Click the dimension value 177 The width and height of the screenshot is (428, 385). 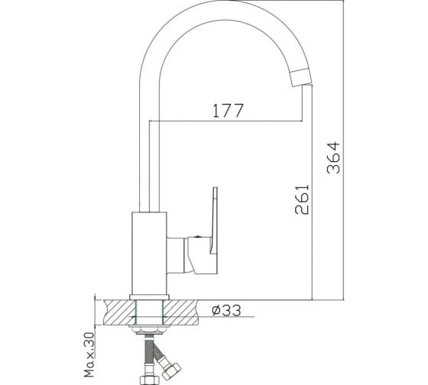228,111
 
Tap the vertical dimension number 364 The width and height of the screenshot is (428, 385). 333,157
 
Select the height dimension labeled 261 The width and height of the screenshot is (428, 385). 302,199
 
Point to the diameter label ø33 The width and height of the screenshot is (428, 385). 226,310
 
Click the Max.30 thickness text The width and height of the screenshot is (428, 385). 89,354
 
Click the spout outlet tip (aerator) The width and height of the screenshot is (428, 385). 301,77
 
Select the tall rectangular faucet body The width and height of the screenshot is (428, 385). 149,253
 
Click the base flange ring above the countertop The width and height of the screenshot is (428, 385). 149,297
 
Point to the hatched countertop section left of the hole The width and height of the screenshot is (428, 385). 119,312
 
